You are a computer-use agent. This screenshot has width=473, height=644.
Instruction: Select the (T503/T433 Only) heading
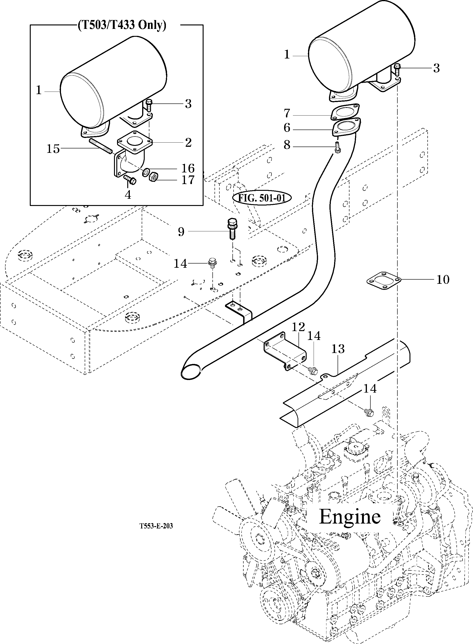pos(122,25)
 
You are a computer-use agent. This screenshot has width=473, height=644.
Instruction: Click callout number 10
pos(443,279)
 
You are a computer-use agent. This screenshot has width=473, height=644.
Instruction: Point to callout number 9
pos(181,232)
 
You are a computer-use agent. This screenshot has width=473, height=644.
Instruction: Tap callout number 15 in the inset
pos(53,149)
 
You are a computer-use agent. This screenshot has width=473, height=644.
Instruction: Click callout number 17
pos(188,180)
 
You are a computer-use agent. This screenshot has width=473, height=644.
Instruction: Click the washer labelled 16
pos(146,172)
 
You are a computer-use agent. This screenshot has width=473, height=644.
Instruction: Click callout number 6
pos(287,128)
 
